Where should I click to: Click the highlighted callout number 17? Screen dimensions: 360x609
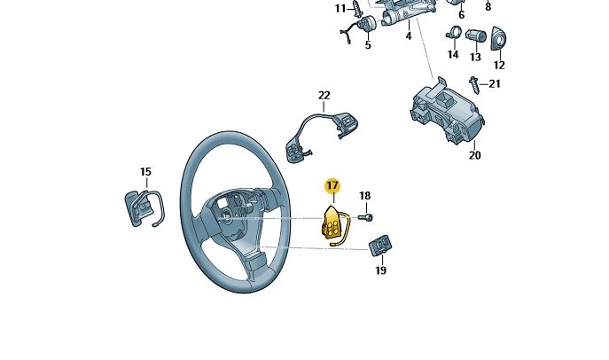pyautogui.click(x=332, y=185)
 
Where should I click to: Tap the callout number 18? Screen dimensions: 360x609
pyautogui.click(x=364, y=195)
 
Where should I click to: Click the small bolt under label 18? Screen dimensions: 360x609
pyautogui.click(x=366, y=216)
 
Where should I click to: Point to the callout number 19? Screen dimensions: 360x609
pyautogui.click(x=380, y=270)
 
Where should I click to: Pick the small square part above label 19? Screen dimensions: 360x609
pyautogui.click(x=381, y=244)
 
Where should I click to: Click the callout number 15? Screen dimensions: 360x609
pyautogui.click(x=145, y=172)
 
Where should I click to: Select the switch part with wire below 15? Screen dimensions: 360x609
pyautogui.click(x=140, y=208)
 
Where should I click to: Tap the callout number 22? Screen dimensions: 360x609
pyautogui.click(x=324, y=95)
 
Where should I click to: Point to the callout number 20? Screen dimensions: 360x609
pyautogui.click(x=474, y=155)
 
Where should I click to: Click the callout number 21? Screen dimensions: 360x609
pyautogui.click(x=495, y=84)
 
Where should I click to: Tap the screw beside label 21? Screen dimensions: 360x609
pyautogui.click(x=475, y=85)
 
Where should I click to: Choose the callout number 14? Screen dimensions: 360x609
pyautogui.click(x=453, y=55)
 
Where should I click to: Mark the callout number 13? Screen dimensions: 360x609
pyautogui.click(x=475, y=57)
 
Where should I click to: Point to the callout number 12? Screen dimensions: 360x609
pyautogui.click(x=498, y=65)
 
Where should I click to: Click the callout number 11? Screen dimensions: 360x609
pyautogui.click(x=340, y=8)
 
